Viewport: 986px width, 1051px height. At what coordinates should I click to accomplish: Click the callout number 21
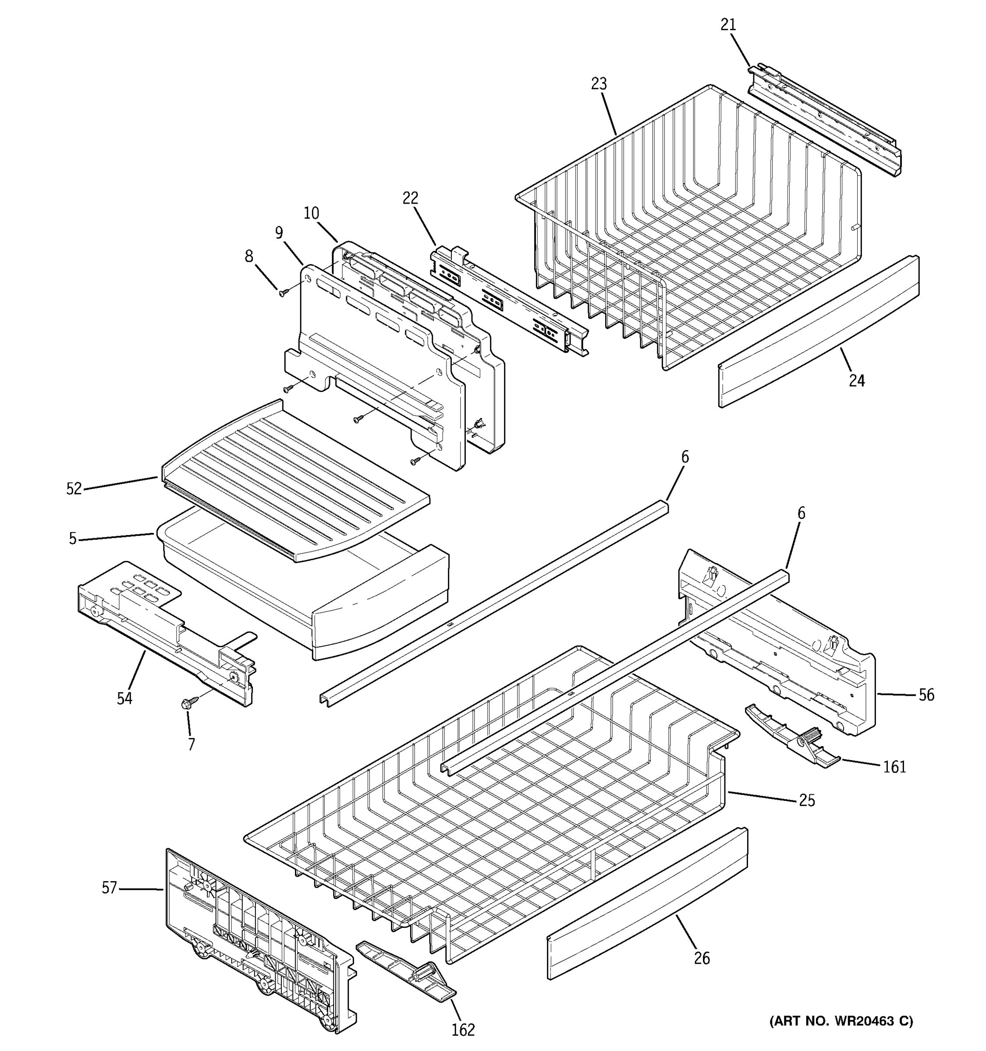coord(728,25)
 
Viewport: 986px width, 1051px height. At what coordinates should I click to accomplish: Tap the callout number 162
coord(463,1030)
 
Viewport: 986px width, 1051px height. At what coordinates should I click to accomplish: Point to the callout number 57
coord(109,888)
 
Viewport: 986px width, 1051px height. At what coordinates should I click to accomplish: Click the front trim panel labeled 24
coord(819,332)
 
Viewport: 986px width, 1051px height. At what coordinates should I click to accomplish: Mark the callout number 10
coord(312,213)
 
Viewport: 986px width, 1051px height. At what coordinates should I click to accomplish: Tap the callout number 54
coord(124,698)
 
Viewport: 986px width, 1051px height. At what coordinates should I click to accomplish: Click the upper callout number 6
coord(685,457)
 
